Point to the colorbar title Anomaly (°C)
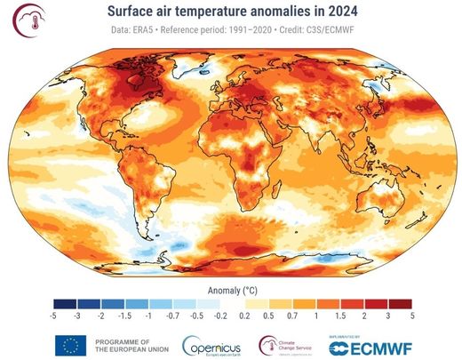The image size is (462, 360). [x=230, y=289]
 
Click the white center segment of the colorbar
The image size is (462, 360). [x=232, y=303]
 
